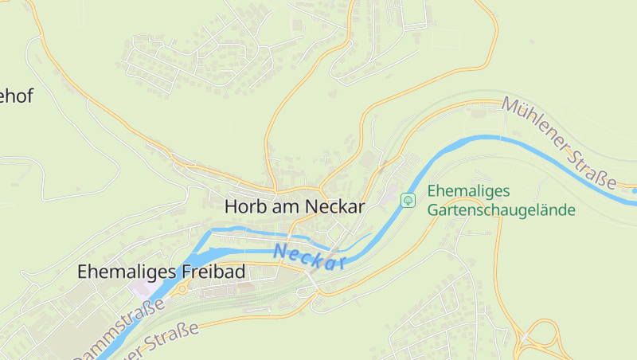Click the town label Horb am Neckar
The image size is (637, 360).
tap(294, 206)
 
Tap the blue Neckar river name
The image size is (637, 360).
tap(308, 256)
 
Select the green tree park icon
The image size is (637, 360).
tap(408, 200)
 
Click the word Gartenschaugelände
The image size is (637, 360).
tap(501, 210)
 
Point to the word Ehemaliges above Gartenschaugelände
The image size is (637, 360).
tap(468, 191)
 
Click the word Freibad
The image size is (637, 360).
tap(214, 272)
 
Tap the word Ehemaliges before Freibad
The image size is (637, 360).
tap(128, 272)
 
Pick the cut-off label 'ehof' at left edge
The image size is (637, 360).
tap(16, 96)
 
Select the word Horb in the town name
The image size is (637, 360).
tap(242, 206)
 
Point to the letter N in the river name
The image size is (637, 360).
tap(279, 250)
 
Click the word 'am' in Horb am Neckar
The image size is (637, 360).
tap(277, 206)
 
